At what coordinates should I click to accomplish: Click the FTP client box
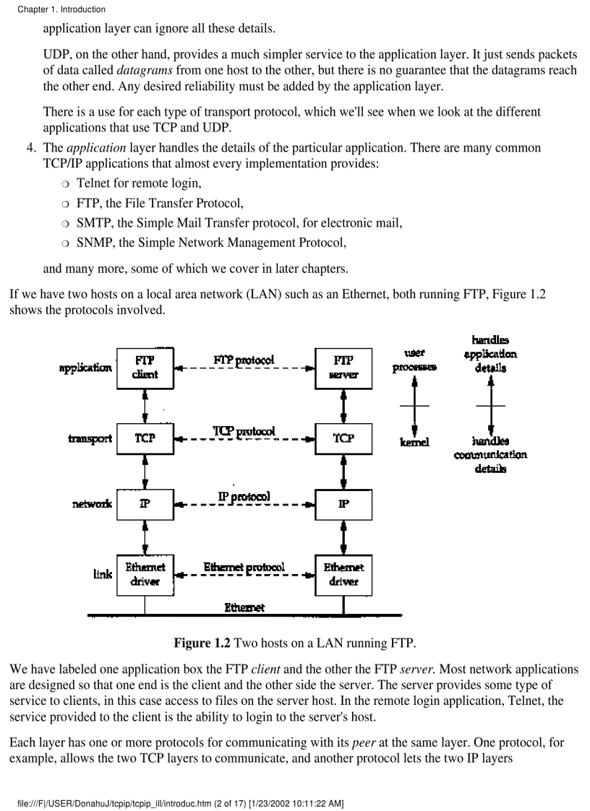coord(145,367)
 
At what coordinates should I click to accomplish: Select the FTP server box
coord(343,367)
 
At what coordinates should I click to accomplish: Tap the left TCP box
coord(145,438)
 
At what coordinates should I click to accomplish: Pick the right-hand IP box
coord(343,503)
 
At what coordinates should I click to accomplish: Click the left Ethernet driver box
coord(145,574)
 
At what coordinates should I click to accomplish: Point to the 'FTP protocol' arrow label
coord(244,360)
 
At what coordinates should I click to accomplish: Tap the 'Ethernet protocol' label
coord(244,568)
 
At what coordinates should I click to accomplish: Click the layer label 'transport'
coord(90,438)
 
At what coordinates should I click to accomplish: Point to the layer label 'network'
coord(92,504)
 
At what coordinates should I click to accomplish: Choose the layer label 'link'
coord(103,574)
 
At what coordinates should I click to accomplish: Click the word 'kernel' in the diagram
coord(414,441)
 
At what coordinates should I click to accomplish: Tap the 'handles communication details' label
coord(490,454)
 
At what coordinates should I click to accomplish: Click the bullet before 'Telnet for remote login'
coord(67,183)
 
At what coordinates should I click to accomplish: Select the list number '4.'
coord(32,148)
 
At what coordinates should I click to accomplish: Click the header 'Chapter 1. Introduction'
coord(61,9)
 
